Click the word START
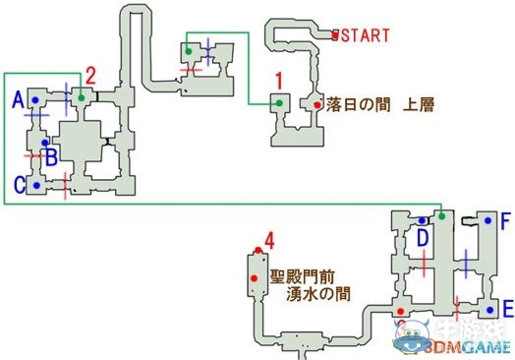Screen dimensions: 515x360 point(366,36)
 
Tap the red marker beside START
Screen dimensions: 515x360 point(335,35)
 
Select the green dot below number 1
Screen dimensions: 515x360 point(279,101)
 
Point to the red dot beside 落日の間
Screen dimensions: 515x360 point(316,103)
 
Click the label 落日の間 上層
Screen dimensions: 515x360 point(378,102)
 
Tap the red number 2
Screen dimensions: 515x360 point(89,74)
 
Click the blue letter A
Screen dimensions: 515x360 point(17,100)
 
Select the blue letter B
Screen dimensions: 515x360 point(51,153)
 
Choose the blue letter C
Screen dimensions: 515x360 point(18,184)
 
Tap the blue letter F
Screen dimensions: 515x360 point(505,220)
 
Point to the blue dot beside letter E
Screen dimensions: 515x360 point(488,304)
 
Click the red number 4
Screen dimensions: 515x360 point(269,238)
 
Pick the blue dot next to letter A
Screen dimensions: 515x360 point(34,100)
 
